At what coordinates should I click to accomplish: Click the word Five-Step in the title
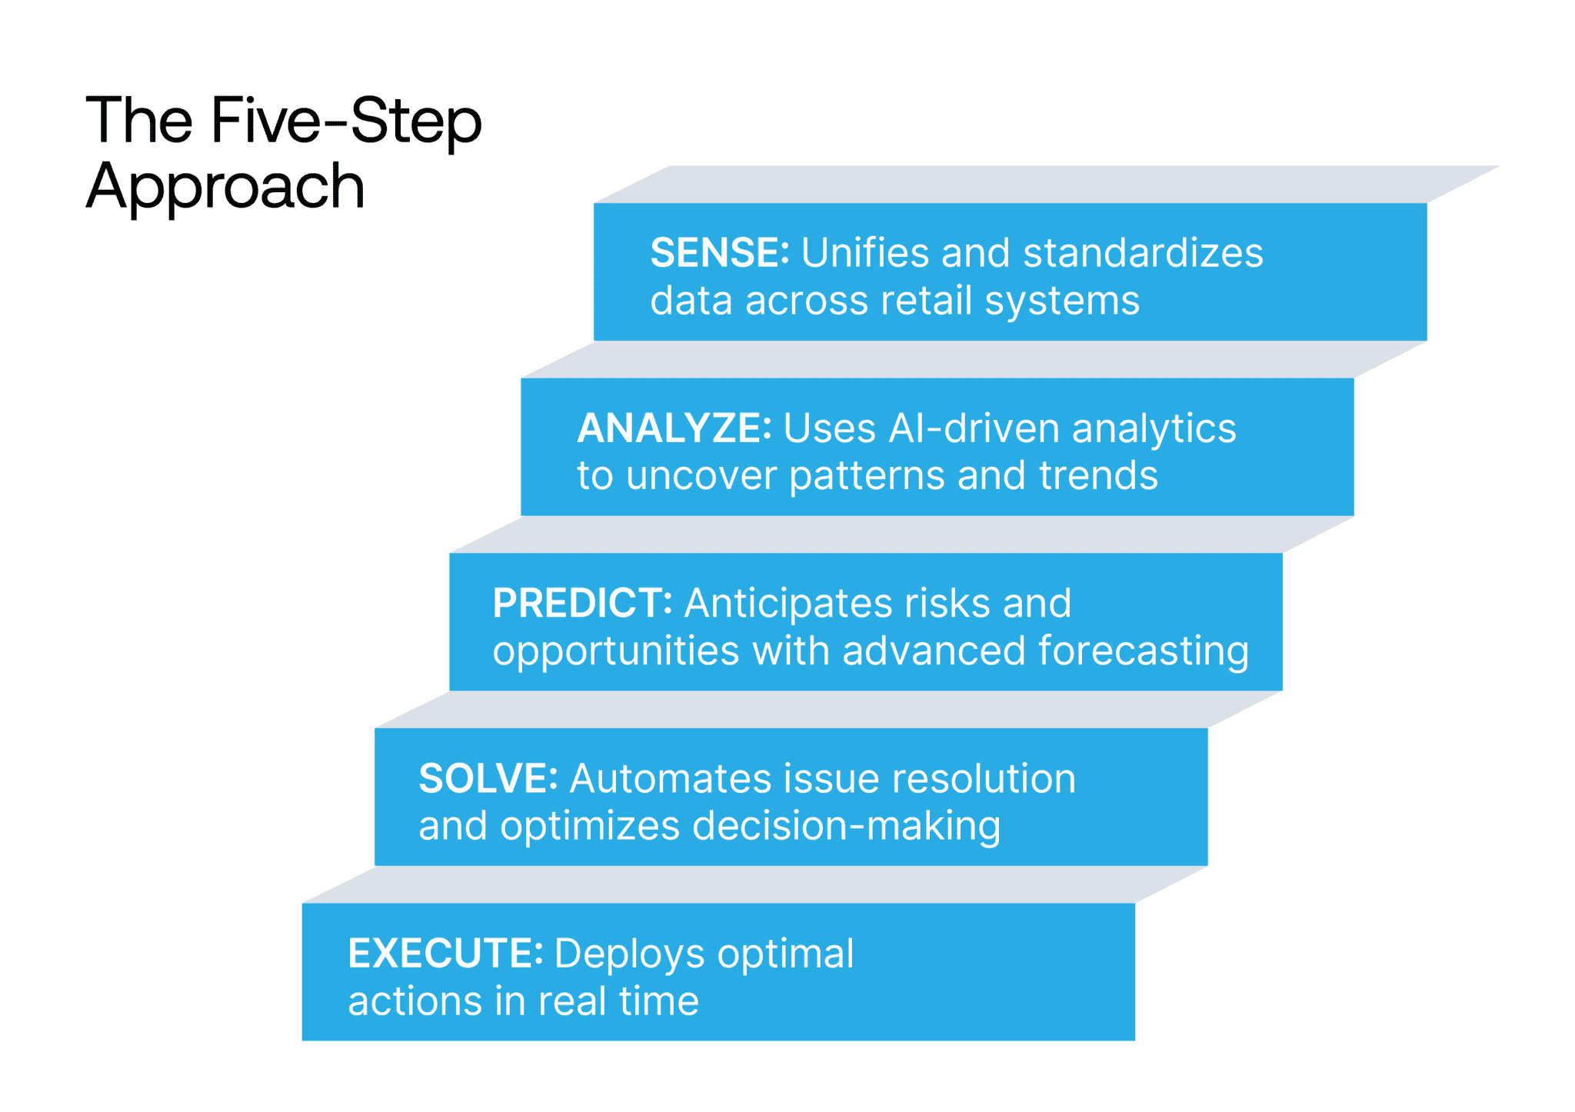tap(346, 121)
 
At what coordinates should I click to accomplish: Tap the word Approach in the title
tap(225, 187)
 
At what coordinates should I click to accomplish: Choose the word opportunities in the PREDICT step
tap(616, 651)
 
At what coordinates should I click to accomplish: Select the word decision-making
tap(846, 826)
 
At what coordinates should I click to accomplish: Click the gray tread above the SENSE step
tap(1046, 184)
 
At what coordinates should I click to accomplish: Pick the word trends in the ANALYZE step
tap(1098, 476)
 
